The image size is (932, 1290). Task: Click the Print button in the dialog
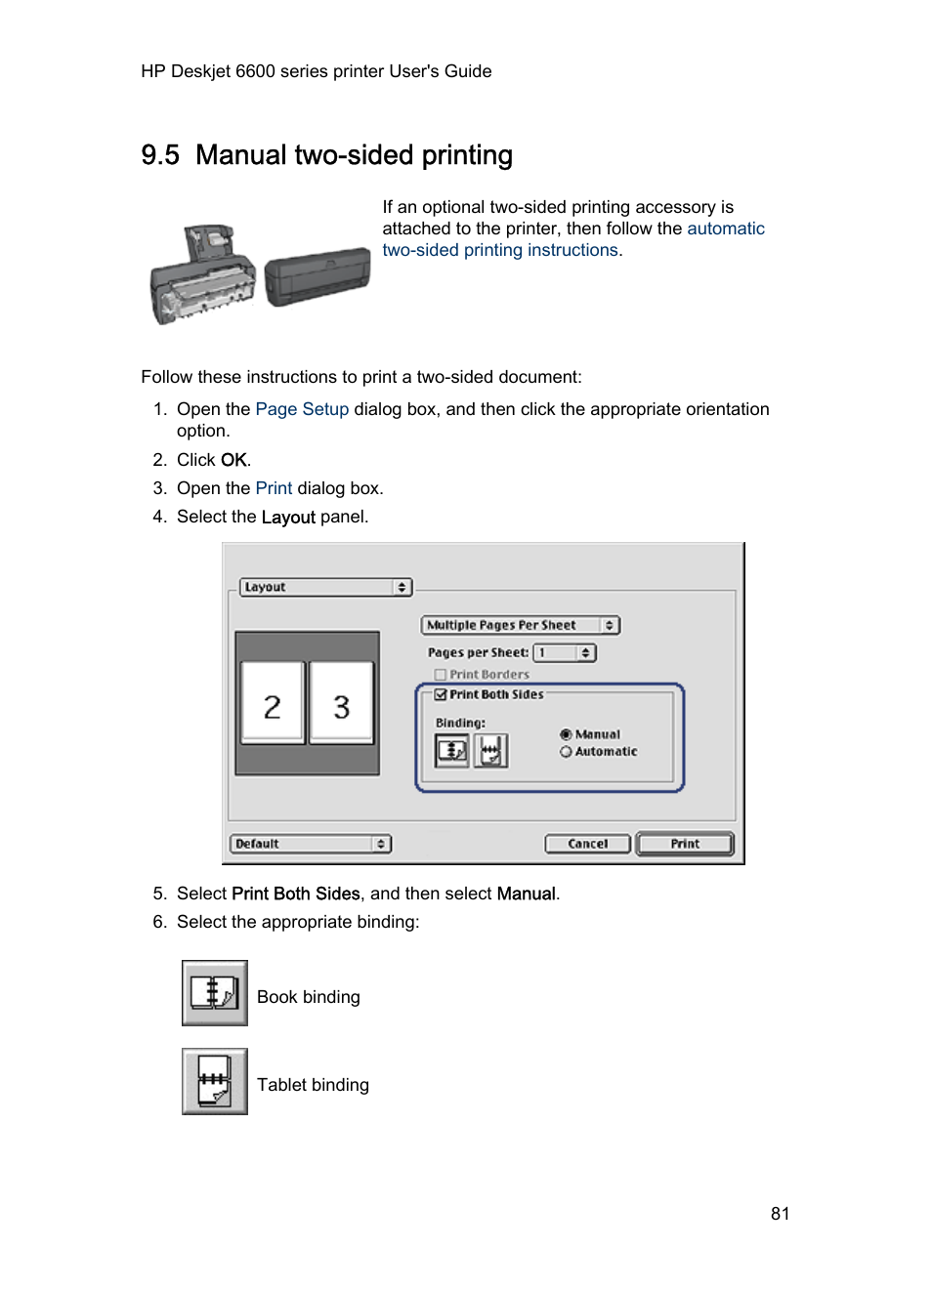click(x=684, y=844)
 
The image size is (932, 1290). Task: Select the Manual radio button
click(x=566, y=734)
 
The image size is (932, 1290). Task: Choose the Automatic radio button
click(x=566, y=752)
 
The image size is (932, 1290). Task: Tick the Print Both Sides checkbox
click(x=441, y=694)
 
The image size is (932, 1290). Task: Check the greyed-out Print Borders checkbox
click(x=441, y=675)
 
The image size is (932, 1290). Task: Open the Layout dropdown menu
click(x=325, y=587)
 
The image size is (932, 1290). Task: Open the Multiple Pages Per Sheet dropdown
click(x=521, y=625)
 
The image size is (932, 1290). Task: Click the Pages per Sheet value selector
click(x=564, y=652)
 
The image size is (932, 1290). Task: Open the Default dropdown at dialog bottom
click(x=311, y=844)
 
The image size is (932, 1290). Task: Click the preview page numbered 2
click(x=273, y=704)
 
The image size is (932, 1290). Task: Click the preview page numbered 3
click(x=341, y=704)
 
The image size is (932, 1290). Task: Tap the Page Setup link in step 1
click(x=302, y=409)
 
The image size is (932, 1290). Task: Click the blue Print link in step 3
click(x=274, y=488)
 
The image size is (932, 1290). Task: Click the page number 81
click(x=780, y=1214)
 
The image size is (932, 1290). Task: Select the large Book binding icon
click(x=215, y=993)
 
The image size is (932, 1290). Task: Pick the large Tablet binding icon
click(x=215, y=1081)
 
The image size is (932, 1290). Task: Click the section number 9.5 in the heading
click(x=160, y=155)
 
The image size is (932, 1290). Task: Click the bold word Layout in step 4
click(x=288, y=518)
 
